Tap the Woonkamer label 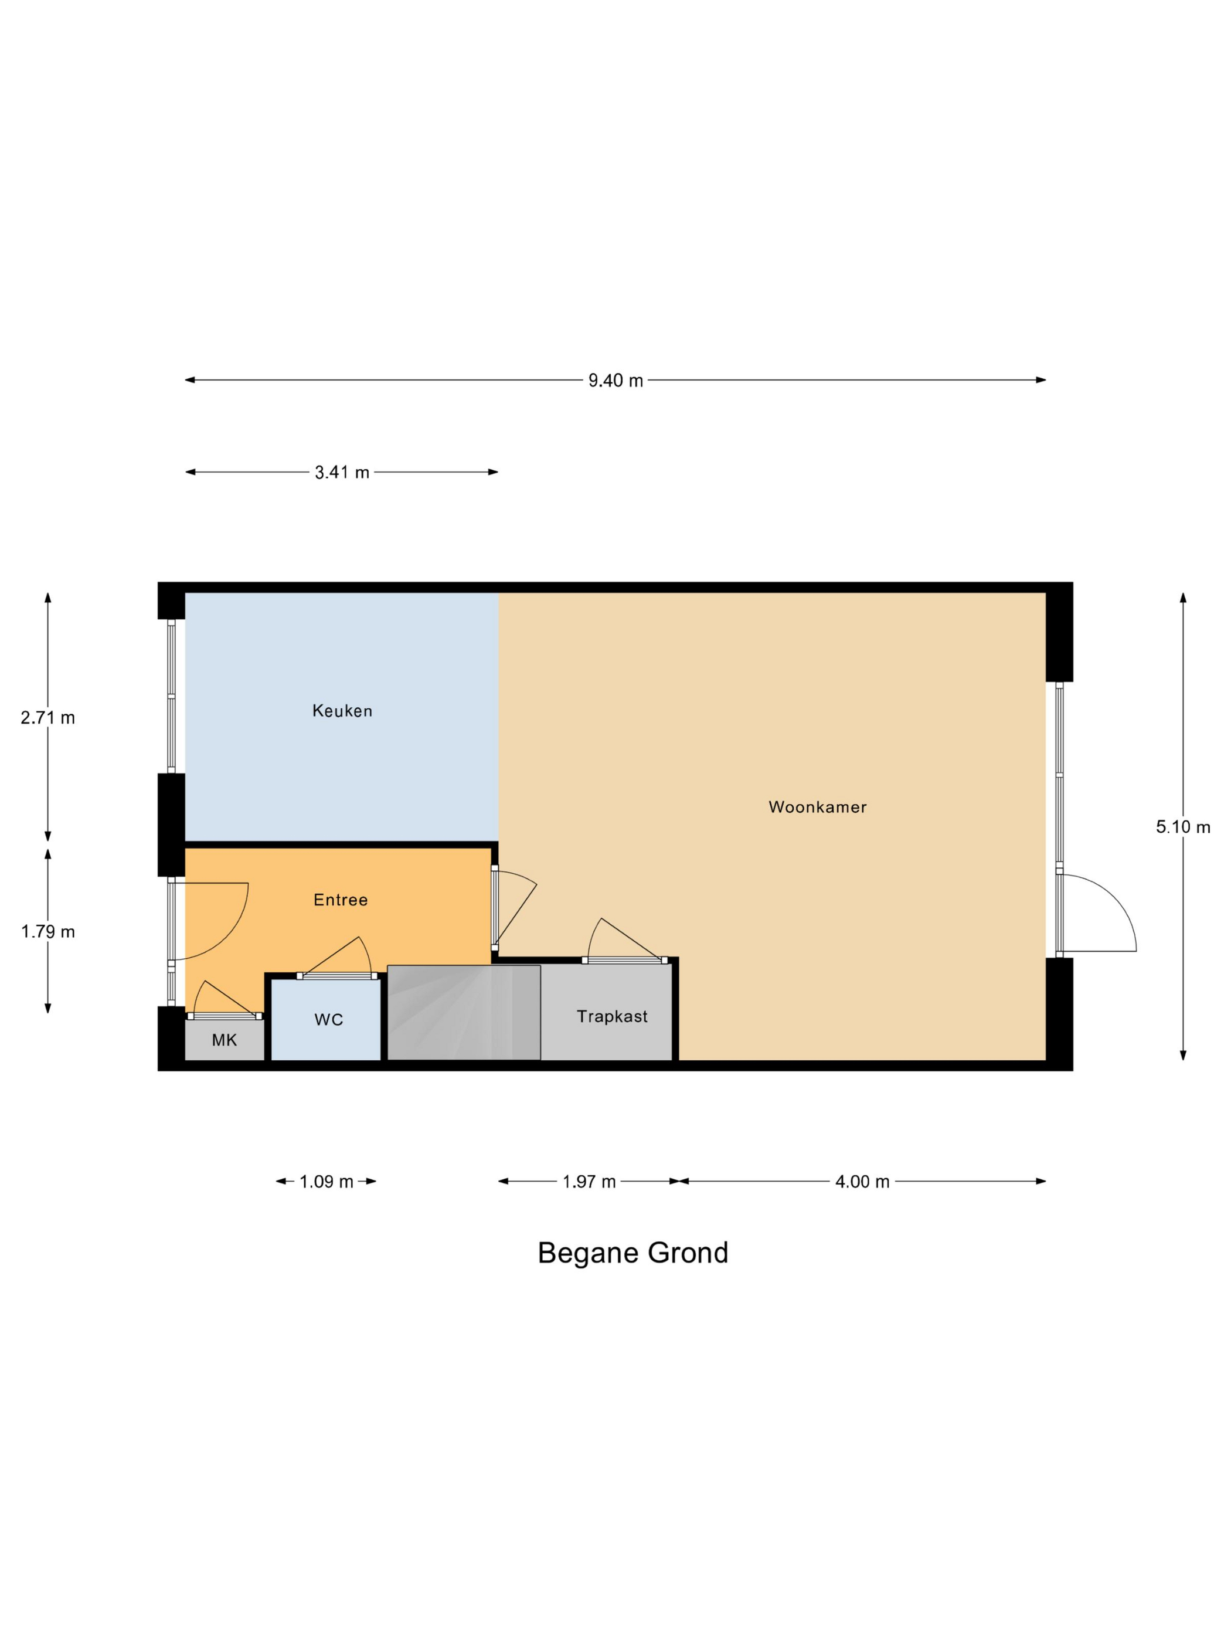pyautogui.click(x=817, y=807)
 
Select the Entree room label pyautogui.click(x=341, y=900)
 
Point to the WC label pyautogui.click(x=329, y=1019)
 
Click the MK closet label pyautogui.click(x=224, y=1040)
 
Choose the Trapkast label pyautogui.click(x=612, y=1016)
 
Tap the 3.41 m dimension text pyautogui.click(x=342, y=472)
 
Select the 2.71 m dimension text pyautogui.click(x=48, y=717)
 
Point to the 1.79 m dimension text pyautogui.click(x=48, y=932)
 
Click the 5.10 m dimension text pyautogui.click(x=1183, y=827)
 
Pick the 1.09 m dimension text pyautogui.click(x=327, y=1181)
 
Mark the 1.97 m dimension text pyautogui.click(x=589, y=1181)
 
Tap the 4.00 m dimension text pyautogui.click(x=862, y=1181)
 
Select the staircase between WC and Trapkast pyautogui.click(x=464, y=1013)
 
